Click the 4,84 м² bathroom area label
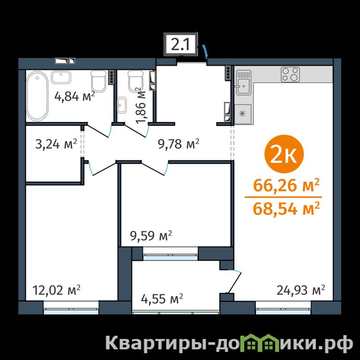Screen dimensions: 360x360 (75, 96)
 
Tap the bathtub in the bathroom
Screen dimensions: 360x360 (37, 96)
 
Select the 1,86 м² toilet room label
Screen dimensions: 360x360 (140, 105)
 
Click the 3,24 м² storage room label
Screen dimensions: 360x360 (56, 144)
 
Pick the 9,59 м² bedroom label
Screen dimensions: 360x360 (151, 236)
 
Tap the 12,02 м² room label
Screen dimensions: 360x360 (57, 290)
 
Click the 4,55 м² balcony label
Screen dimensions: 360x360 (162, 299)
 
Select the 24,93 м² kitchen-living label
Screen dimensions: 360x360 (301, 290)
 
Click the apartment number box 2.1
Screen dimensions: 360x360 (180, 45)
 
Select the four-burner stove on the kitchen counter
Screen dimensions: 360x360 (290, 74)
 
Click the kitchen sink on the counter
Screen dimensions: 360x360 (244, 82)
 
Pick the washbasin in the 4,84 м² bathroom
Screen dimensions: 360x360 (61, 77)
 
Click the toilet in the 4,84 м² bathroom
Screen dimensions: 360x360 (99, 81)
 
